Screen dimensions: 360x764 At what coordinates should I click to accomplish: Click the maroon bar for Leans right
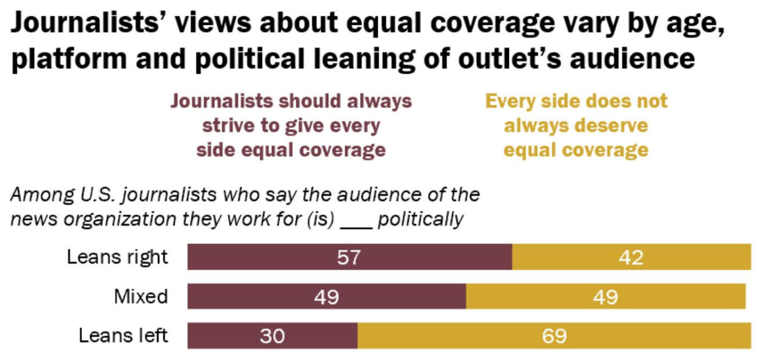[349, 257]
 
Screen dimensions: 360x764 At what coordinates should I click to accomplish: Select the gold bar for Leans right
[631, 257]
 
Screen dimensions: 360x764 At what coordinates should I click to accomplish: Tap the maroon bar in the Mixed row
[326, 296]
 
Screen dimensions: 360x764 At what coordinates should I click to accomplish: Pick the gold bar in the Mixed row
[605, 296]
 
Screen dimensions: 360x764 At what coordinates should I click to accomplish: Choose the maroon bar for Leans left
[272, 336]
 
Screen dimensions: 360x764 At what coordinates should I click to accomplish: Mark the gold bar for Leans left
[553, 336]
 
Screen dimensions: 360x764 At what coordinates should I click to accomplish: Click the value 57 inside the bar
[349, 257]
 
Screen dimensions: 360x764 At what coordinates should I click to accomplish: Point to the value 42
[631, 257]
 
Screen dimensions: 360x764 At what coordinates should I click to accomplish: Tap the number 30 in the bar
[272, 336]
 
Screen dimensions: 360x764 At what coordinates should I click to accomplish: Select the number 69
[553, 336]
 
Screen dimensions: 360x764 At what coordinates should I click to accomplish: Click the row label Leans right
[117, 257]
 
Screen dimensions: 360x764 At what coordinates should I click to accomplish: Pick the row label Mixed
[141, 296]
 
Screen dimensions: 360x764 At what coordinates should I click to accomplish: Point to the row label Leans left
[123, 335]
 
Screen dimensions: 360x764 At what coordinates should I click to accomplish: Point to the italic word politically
[420, 219]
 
